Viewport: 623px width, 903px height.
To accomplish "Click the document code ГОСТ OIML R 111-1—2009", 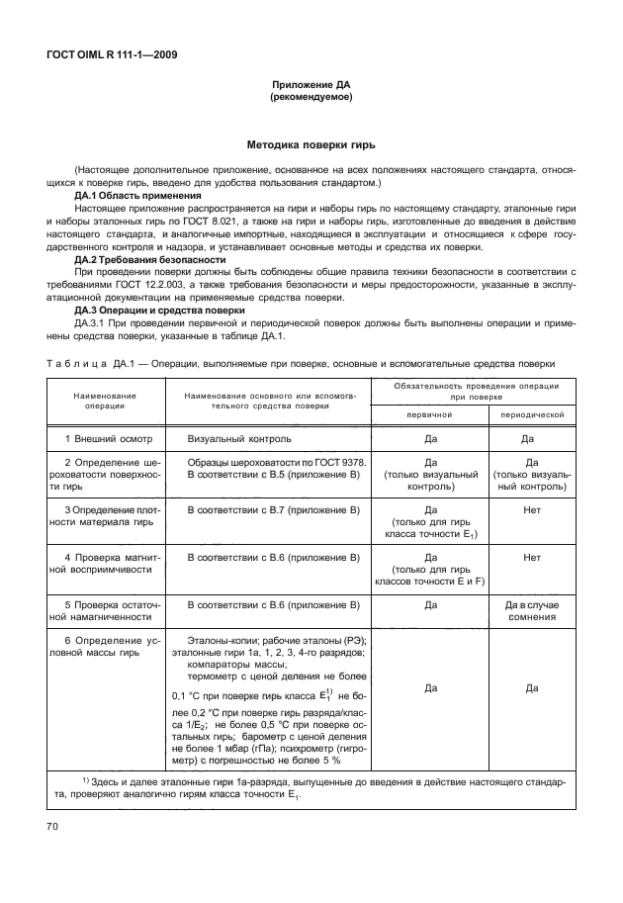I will (x=111, y=54).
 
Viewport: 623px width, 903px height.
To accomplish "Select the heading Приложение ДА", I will (x=311, y=86).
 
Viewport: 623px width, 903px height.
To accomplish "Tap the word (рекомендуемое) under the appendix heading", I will (x=311, y=99).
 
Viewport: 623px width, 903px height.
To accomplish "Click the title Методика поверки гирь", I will (x=311, y=143).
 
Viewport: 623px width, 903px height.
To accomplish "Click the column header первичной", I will (x=430, y=415).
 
